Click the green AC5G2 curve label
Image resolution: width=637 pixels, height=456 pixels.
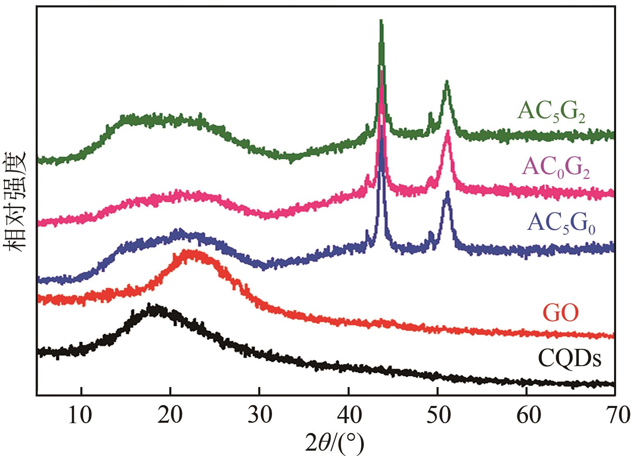coord(551,111)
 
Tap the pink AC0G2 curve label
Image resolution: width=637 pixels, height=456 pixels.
coord(556,169)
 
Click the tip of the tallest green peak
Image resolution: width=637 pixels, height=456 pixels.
coord(381,21)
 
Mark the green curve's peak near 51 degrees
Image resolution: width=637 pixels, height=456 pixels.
coord(446,82)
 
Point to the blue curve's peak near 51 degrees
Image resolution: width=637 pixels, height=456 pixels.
coord(447,192)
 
